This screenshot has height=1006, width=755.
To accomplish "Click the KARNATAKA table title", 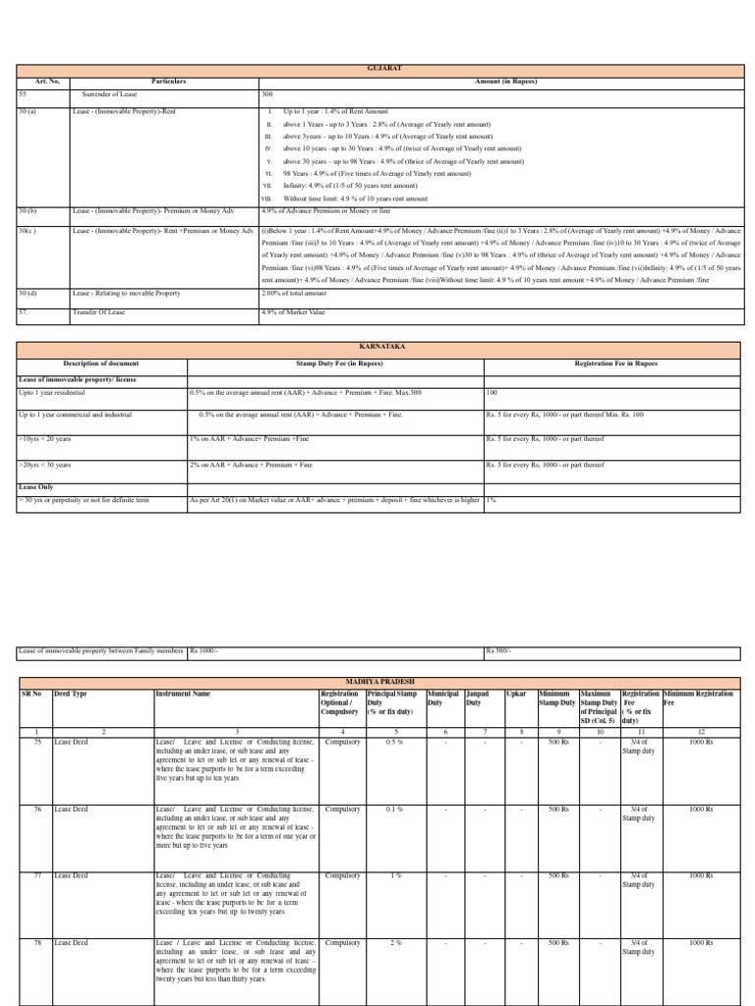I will click(378, 348).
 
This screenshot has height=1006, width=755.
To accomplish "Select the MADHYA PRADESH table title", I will click(378, 681).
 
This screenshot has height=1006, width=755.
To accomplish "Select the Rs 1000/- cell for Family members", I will click(205, 650).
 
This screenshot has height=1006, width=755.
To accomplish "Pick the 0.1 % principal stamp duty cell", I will click(393, 809).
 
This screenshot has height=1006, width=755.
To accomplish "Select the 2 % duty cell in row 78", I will click(394, 942).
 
